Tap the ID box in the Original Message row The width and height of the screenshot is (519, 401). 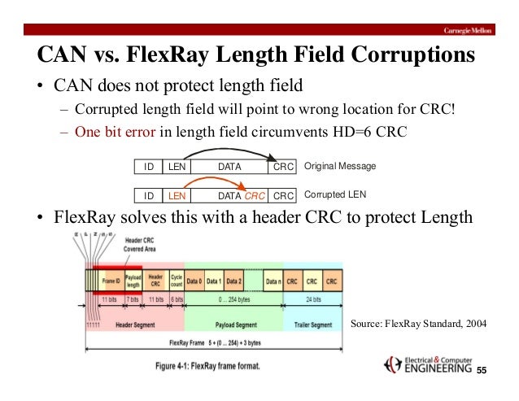tap(149, 166)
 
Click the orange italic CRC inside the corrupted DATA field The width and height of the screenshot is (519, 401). tap(255, 195)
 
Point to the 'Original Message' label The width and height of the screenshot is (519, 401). tap(339, 166)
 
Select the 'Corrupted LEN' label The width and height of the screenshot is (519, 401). tap(334, 195)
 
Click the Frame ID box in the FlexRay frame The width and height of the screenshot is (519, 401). tap(112, 281)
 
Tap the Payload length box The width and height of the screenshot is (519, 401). tap(133, 281)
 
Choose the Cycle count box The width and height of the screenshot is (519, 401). tap(175, 281)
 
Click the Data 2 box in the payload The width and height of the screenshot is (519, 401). tap(233, 281)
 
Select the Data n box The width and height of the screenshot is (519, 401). tap(274, 281)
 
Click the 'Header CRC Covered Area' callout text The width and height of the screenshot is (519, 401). tap(134, 245)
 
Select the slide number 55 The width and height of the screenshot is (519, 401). tap(480, 370)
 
